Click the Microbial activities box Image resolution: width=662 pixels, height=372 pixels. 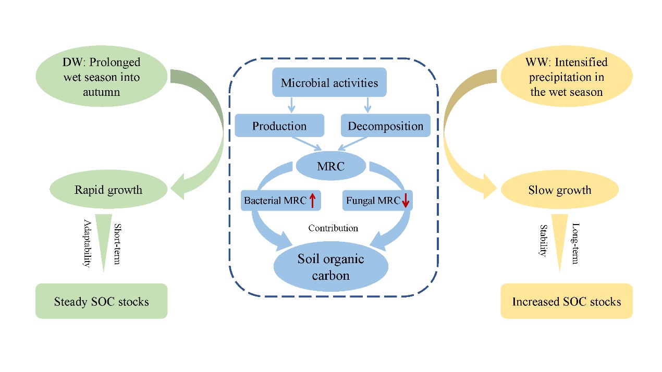[x=329, y=82]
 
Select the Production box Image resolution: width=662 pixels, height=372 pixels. [x=279, y=126]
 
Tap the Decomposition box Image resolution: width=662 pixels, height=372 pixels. [x=385, y=126]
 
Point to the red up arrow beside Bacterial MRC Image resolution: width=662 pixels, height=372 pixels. [x=312, y=200]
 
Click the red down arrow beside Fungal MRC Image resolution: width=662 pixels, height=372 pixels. [x=406, y=201]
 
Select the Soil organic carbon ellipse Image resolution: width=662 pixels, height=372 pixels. [x=331, y=267]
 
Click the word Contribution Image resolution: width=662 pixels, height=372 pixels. [x=333, y=228]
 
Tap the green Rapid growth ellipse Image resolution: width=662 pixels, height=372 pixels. [x=108, y=190]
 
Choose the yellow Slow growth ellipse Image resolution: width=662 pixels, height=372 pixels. [x=559, y=190]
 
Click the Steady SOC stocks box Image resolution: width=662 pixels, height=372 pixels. [x=101, y=301]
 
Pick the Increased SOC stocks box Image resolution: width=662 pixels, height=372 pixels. [x=567, y=301]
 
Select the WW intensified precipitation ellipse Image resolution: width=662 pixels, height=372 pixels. [x=567, y=77]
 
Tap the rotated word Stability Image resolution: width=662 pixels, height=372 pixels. [x=542, y=241]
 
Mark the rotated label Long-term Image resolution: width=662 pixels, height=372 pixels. [x=575, y=243]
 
